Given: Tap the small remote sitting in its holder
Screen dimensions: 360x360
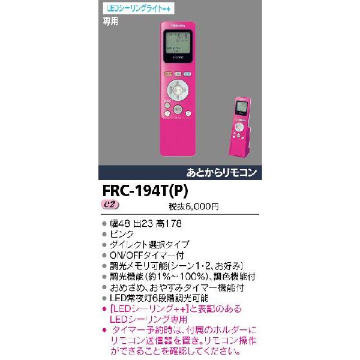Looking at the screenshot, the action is coord(241,119).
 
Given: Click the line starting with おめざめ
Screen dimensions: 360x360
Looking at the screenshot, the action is coord(178,287).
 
